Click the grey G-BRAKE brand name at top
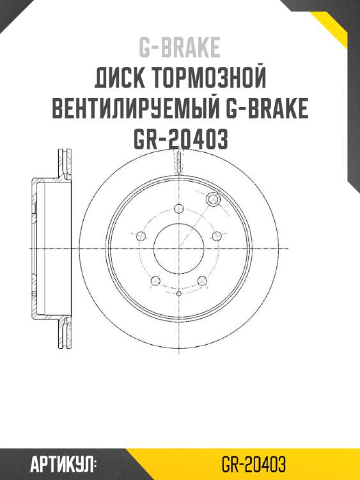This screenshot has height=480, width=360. click(x=180, y=47)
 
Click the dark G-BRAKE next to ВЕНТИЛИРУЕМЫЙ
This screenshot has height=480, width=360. click(x=269, y=110)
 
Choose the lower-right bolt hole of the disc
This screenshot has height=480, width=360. click(x=202, y=280)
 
